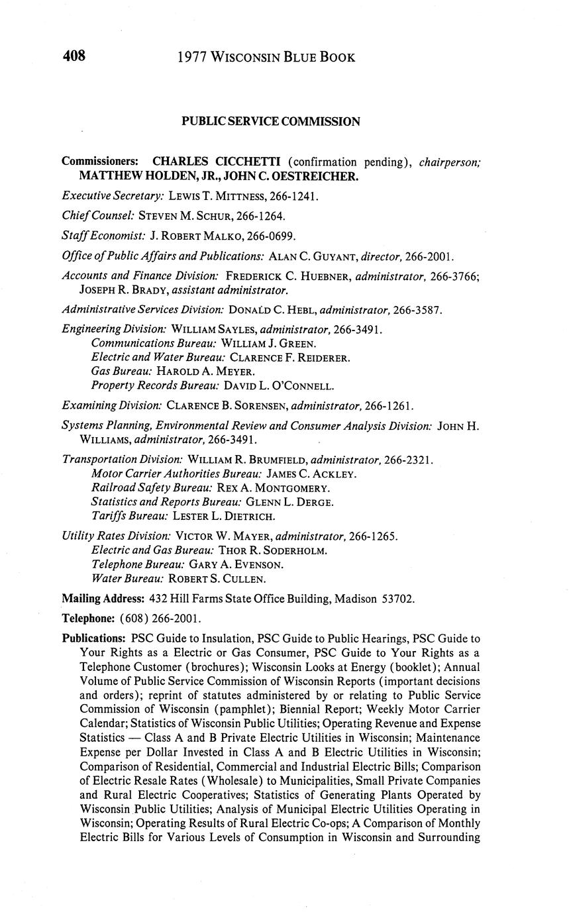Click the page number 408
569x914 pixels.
point(74,56)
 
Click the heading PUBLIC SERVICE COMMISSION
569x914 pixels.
point(271,122)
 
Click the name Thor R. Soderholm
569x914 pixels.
point(272,550)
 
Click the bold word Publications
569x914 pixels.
point(93,638)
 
